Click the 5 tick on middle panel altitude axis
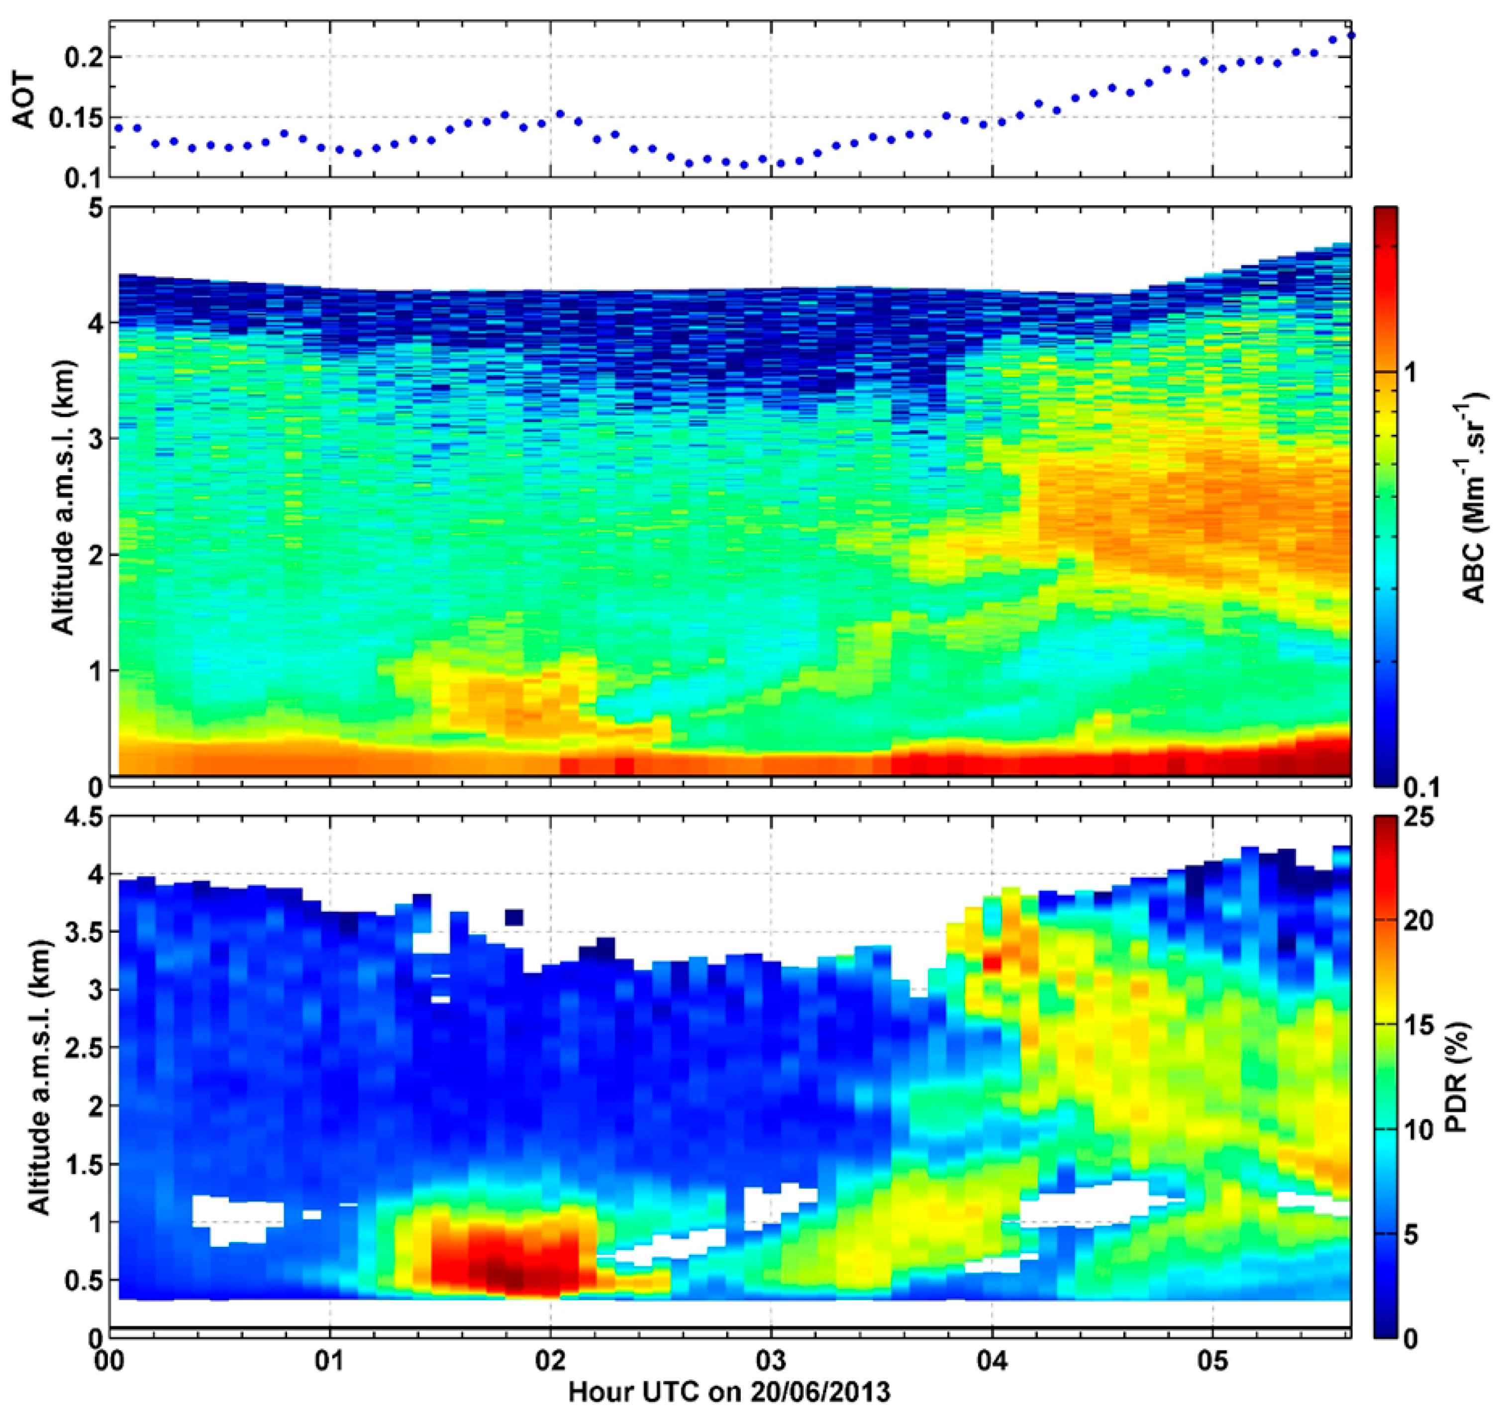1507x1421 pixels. click(93, 207)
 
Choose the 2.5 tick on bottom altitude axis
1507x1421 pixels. click(82, 1047)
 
